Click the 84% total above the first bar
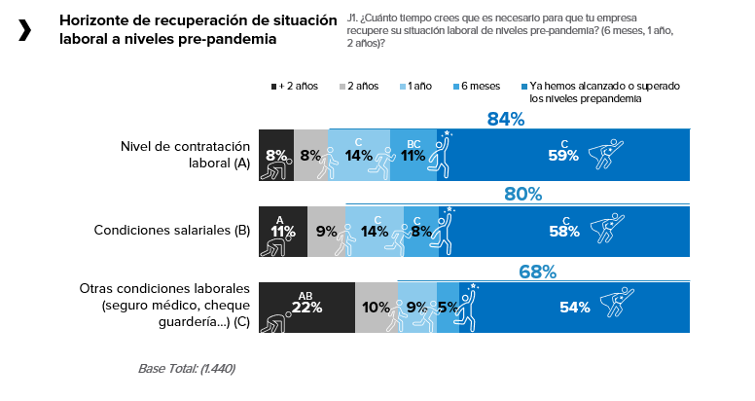(x=506, y=120)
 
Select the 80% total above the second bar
(x=523, y=194)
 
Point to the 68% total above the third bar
(x=537, y=272)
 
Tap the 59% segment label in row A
(x=563, y=155)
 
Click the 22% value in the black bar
(x=306, y=308)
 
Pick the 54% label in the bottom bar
(x=574, y=308)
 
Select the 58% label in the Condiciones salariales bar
(x=563, y=232)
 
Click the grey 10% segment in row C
(x=376, y=308)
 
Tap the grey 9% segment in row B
(x=327, y=232)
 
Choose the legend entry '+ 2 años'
(x=297, y=87)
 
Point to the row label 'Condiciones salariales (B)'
(x=172, y=231)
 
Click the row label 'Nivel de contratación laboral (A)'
(x=185, y=155)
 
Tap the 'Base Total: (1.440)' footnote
(x=187, y=369)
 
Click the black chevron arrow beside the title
(x=24, y=30)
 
